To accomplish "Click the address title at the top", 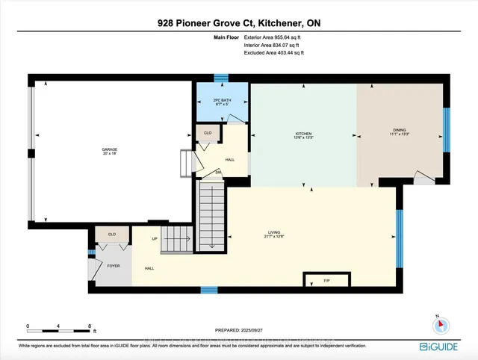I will pyautogui.click(x=239, y=23).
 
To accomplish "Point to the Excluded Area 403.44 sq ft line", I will pyautogui.click(x=274, y=52).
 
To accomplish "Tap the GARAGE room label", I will pyautogui.click(x=110, y=151).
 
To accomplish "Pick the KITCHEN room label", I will pyautogui.click(x=302, y=135).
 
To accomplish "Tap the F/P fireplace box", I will pyautogui.click(x=326, y=281).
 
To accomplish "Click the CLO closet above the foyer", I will pyautogui.click(x=111, y=235).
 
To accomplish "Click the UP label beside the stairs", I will pyautogui.click(x=155, y=239).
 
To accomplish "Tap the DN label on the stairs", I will pyautogui.click(x=217, y=173).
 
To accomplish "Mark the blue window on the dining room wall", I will pyautogui.click(x=447, y=130).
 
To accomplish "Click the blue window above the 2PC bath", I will pyautogui.click(x=220, y=77).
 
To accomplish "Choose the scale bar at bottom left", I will pyautogui.click(x=59, y=328).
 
